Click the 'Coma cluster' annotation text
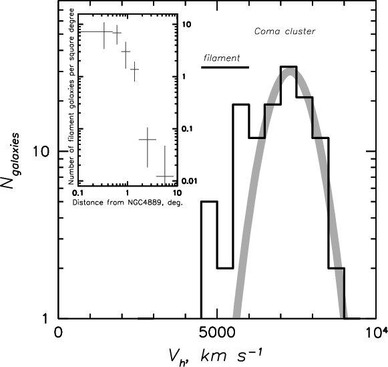(284, 31)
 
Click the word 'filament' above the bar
(222, 58)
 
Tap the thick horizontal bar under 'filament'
(225, 68)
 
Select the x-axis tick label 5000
(217, 333)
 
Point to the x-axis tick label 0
(58, 333)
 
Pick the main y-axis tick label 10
(41, 151)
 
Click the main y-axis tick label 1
(45, 319)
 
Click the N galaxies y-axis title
(13, 160)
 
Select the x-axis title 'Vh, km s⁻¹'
(215, 356)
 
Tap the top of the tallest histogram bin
(288, 67)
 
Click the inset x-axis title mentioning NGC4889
(128, 203)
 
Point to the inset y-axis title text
(71, 96)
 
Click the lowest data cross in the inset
(164, 176)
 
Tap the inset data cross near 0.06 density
(148, 140)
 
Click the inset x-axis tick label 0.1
(78, 193)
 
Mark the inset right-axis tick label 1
(184, 76)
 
